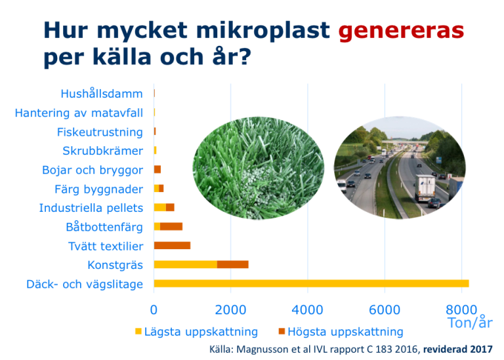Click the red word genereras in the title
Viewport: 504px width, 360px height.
point(401,31)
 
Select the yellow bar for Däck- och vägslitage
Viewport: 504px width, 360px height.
point(311,283)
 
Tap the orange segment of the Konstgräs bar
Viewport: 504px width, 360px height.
point(233,264)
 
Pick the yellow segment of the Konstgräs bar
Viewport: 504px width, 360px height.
point(186,264)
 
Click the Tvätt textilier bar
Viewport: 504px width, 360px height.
point(173,246)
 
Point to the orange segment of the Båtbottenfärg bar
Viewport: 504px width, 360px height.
point(171,226)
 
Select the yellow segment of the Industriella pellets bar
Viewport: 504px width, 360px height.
point(160,207)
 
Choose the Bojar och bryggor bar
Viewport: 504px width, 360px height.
point(157,169)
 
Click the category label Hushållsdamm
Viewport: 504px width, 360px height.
point(102,94)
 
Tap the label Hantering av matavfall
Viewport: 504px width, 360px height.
point(79,113)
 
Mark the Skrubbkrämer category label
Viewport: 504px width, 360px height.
point(102,151)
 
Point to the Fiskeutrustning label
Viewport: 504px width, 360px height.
point(100,132)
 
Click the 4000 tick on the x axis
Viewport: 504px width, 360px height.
point(307,310)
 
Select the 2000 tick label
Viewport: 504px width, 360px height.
point(230,310)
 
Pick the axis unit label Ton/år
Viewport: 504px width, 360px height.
point(470,323)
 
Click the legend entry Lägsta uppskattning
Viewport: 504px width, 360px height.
point(196,332)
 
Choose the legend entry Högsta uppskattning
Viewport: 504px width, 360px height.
point(341,332)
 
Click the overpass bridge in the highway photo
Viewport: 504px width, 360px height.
point(404,142)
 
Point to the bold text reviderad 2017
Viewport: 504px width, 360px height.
point(457,349)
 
